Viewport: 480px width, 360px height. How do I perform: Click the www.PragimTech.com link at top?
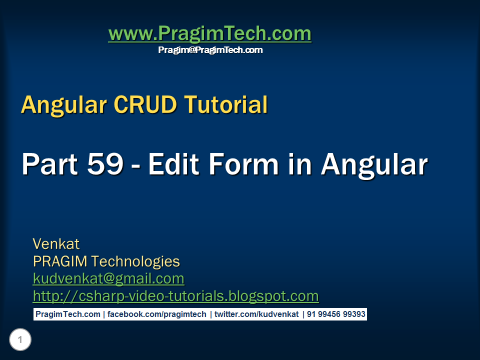coord(209,34)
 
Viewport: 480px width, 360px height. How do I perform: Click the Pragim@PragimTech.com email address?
coord(210,50)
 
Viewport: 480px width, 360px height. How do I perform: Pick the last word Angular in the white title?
coord(374,164)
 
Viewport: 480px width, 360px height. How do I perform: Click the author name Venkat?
coord(56,244)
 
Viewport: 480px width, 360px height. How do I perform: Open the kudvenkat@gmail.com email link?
coord(108,278)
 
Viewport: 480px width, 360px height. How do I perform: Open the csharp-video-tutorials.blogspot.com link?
coord(175,296)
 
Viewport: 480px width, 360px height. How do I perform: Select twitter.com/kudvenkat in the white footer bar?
coord(256,314)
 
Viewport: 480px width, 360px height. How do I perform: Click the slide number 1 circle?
coord(20,340)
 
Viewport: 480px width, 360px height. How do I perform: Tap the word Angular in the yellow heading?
coord(64,104)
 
